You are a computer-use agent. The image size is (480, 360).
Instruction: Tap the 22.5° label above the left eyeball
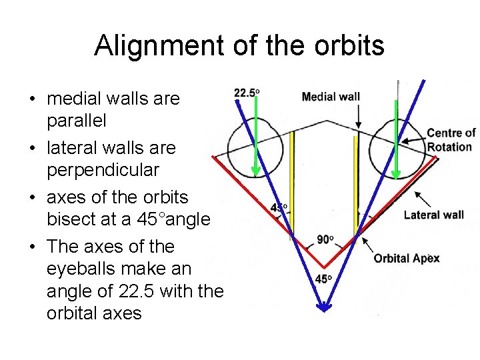[246, 93]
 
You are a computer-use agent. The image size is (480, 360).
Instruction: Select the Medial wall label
[331, 97]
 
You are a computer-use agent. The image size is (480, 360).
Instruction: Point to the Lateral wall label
[433, 215]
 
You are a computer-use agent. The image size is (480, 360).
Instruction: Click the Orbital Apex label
[406, 258]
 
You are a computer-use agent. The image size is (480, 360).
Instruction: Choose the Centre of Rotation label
[451, 140]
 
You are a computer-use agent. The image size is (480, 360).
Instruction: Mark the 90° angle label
[325, 239]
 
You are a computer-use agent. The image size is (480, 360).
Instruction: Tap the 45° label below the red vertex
[323, 279]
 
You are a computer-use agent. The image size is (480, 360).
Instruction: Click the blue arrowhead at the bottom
[323, 307]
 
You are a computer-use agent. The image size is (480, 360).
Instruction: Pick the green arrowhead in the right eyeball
[396, 175]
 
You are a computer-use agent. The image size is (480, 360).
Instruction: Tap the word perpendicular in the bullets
[103, 170]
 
